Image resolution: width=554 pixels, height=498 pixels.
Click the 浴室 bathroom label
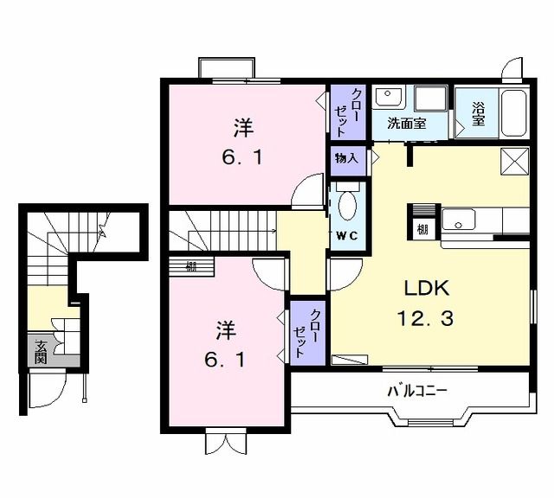[x=477, y=114]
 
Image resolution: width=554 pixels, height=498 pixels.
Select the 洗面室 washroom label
[x=406, y=123]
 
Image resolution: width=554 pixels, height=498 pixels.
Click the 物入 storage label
[x=346, y=159]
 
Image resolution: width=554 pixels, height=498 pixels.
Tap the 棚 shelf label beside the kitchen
[x=421, y=228]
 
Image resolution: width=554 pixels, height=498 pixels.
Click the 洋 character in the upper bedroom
[x=242, y=129]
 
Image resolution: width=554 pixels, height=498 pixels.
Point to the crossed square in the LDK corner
[x=515, y=161]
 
